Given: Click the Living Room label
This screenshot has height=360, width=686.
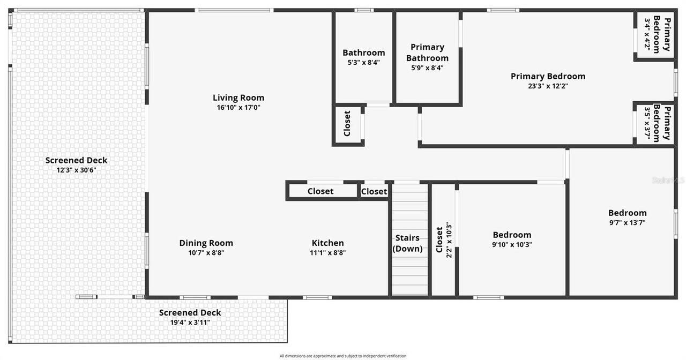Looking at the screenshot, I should [238, 97].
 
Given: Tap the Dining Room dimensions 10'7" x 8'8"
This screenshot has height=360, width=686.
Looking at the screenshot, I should [206, 253].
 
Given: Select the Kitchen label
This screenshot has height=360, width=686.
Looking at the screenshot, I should [327, 243].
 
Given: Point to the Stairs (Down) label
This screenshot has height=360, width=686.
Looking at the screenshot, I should [407, 243].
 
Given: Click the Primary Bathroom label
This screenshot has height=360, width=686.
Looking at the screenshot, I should [427, 52].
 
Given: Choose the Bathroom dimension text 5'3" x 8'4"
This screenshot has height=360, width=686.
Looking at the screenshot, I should [364, 62].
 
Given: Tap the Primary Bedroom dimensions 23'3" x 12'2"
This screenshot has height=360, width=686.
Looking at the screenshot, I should [547, 86].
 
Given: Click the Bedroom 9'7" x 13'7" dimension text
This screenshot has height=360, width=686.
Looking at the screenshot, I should [627, 223].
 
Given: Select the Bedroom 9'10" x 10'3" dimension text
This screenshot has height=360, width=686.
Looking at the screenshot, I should [512, 245].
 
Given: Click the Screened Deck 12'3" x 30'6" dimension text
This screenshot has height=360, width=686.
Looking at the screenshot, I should [76, 170].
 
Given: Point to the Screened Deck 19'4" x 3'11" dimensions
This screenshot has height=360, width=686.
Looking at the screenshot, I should [190, 322].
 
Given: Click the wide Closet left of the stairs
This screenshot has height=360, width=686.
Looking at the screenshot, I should [320, 191].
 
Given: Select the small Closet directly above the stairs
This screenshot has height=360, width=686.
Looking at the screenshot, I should [374, 191].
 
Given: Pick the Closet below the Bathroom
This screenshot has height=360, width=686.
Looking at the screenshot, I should [347, 124].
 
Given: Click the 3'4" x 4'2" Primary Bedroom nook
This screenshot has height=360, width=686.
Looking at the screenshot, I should [654, 35].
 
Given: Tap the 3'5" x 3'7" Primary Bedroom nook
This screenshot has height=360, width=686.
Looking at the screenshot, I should [654, 123].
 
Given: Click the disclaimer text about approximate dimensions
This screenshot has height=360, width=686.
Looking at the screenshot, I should [343, 356].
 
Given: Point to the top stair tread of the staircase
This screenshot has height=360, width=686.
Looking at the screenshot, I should [410, 189].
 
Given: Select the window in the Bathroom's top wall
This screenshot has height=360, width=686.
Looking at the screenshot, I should [364, 10].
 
